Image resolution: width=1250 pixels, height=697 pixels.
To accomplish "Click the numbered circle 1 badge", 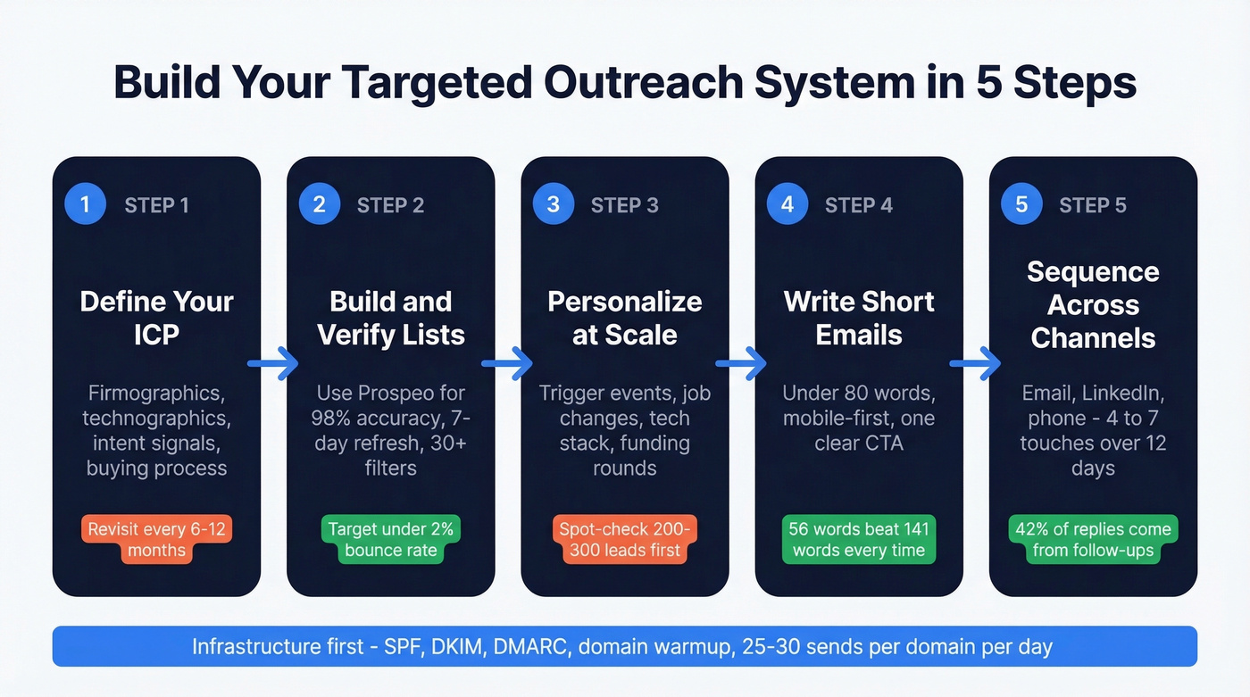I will (x=85, y=204).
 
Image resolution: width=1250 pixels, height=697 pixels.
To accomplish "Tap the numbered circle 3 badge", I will (x=553, y=204).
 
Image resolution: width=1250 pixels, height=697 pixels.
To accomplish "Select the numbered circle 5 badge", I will (x=1021, y=204).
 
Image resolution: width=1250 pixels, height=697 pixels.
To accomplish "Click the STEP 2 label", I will (x=390, y=205).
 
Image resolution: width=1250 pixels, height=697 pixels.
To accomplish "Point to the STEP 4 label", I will (x=858, y=205).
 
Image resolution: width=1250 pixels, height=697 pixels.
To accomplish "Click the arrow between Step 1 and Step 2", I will (x=273, y=363).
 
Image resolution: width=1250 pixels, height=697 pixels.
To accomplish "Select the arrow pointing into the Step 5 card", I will (x=975, y=363).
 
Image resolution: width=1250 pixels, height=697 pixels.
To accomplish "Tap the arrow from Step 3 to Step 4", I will (x=741, y=363).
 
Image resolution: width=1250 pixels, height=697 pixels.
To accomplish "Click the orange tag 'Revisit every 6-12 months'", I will (x=156, y=539).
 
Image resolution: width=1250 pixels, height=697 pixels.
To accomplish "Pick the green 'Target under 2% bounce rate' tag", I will (x=390, y=539).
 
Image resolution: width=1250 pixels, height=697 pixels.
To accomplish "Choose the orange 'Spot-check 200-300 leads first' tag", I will (x=624, y=539).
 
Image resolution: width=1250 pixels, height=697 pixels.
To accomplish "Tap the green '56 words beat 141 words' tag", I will (x=858, y=539).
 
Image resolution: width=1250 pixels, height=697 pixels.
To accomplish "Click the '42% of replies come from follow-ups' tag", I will (x=1093, y=539).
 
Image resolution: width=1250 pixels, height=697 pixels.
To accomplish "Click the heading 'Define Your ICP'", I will (x=156, y=318).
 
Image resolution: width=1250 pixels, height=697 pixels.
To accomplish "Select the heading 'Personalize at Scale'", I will (x=624, y=318).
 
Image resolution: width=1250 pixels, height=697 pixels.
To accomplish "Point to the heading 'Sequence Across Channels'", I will (x=1093, y=305).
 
